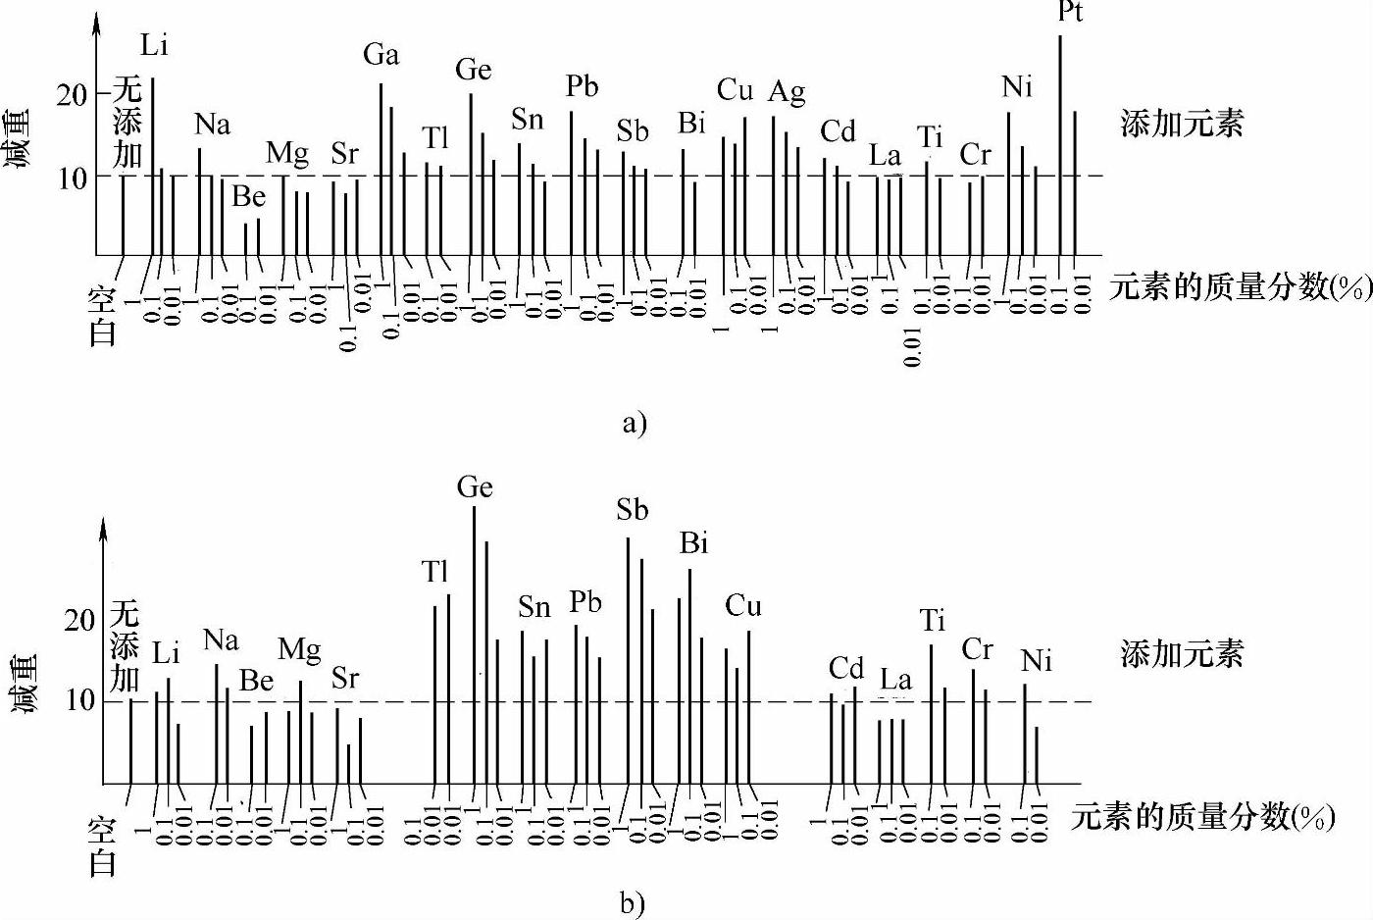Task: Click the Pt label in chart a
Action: click(1070, 12)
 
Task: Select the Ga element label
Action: click(381, 55)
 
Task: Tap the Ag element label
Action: click(787, 91)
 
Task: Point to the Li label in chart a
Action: click(154, 45)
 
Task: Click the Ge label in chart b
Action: click(475, 487)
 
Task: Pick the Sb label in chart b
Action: click(633, 510)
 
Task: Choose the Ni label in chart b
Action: click(1036, 662)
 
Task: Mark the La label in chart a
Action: click(885, 155)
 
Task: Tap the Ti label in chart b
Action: click(932, 621)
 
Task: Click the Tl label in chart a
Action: click(435, 138)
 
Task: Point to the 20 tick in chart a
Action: click(72, 95)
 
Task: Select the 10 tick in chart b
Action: click(80, 700)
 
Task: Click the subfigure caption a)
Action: click(635, 423)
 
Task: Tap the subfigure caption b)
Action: click(633, 903)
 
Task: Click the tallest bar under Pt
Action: click(1060, 147)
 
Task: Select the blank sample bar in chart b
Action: click(130, 741)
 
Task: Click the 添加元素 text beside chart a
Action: click(1182, 124)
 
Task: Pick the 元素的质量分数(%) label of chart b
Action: click(1202, 816)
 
